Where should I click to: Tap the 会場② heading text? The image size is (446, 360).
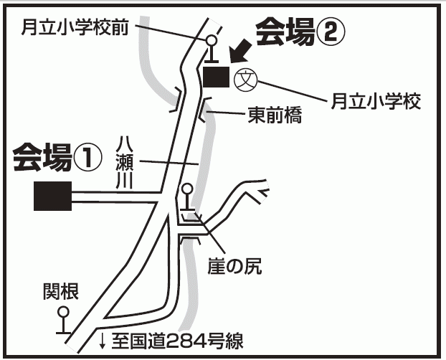pyautogui.click(x=301, y=31)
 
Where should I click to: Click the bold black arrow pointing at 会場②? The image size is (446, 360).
pyautogui.click(x=241, y=52)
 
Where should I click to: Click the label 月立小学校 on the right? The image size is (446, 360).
pyautogui.click(x=375, y=102)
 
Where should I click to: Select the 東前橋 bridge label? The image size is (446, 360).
pyautogui.click(x=274, y=113)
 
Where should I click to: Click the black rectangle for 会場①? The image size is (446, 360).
pyautogui.click(x=52, y=195)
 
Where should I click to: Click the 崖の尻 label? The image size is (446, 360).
pyautogui.click(x=233, y=267)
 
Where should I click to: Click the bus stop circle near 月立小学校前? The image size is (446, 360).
pyautogui.click(x=212, y=41)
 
